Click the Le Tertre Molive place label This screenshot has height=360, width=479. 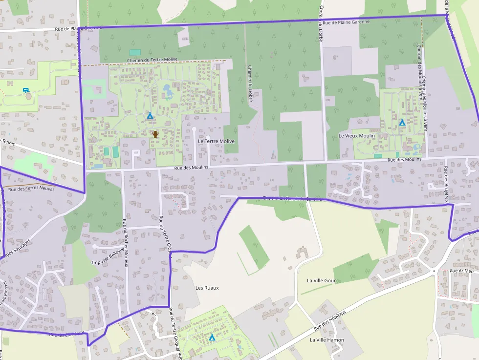[216, 141]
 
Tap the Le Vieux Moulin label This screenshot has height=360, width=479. [357, 136]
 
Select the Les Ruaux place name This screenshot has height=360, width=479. [207, 288]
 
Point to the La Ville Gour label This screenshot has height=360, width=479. [321, 281]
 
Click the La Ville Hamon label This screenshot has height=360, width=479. [327, 340]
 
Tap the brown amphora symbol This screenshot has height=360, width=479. [155, 134]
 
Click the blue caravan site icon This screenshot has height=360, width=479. [25, 90]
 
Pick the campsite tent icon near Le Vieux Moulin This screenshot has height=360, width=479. [402, 122]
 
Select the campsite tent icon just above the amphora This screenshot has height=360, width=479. [150, 116]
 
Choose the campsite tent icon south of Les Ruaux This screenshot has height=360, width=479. [212, 337]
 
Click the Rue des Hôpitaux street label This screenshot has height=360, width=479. [330, 319]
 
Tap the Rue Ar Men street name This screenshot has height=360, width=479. [462, 271]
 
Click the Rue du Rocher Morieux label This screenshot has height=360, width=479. [125, 243]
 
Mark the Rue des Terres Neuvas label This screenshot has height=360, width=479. [32, 189]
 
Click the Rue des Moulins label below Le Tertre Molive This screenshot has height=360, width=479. [191, 168]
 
